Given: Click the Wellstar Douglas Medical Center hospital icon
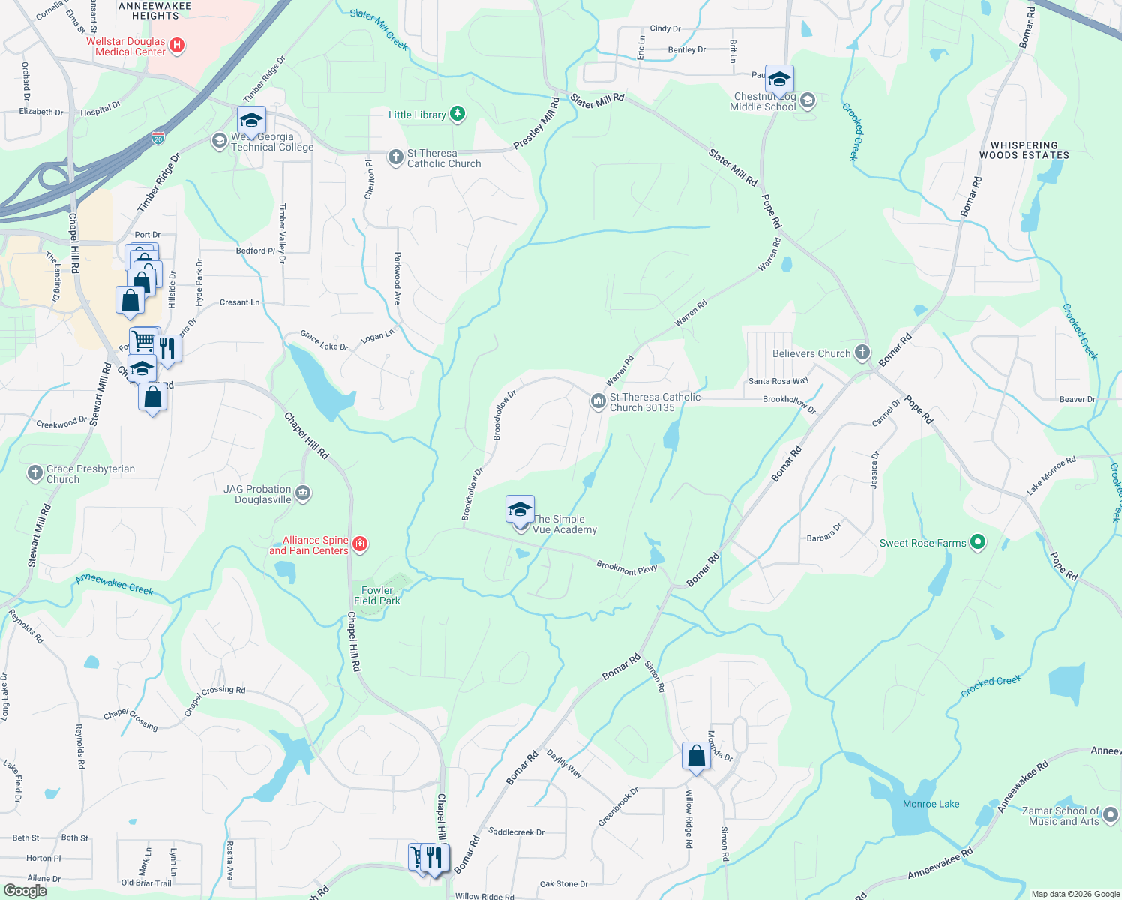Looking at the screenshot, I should [177, 46].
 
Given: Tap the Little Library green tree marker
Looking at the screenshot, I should [457, 115].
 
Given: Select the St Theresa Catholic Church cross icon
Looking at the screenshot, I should [396, 157].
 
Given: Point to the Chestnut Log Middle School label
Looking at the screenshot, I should [763, 102].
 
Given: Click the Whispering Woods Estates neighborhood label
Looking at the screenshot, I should [1024, 151].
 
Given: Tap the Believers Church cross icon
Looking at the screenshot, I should [862, 352].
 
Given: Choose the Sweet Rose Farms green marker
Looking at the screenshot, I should [977, 542].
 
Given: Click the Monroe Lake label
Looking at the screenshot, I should [931, 804].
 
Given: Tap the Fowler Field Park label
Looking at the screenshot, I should [376, 595].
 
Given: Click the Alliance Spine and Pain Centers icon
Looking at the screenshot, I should [360, 544].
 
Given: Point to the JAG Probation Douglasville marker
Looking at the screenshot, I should [303, 493].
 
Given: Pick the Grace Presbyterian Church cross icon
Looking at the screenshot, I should [34, 473].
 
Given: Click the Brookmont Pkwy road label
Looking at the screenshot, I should [627, 568].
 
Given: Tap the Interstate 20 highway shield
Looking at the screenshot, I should [158, 138].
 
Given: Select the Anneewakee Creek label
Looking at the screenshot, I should [115, 585].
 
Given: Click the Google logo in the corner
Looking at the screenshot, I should [25, 891].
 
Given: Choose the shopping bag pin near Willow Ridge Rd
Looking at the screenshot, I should [696, 757].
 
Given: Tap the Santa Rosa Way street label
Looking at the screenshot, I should [778, 381].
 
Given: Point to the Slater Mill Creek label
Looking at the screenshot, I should [379, 29].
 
